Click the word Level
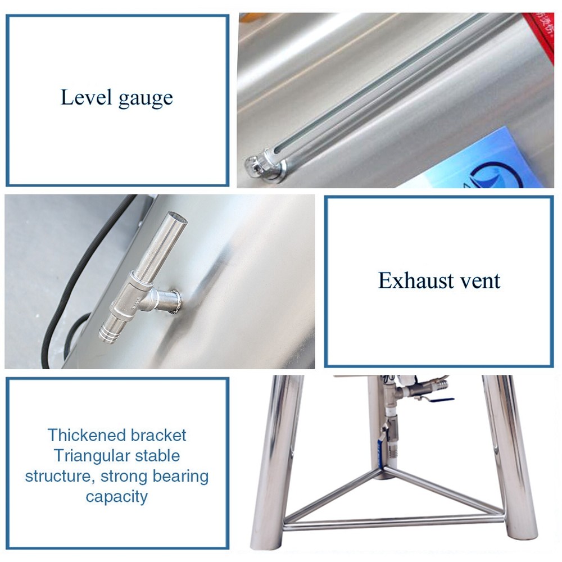tap(86, 97)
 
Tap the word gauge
tap(146, 99)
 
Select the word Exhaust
tap(414, 280)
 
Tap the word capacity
tap(116, 497)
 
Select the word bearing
tap(180, 477)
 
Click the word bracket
tap(158, 435)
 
